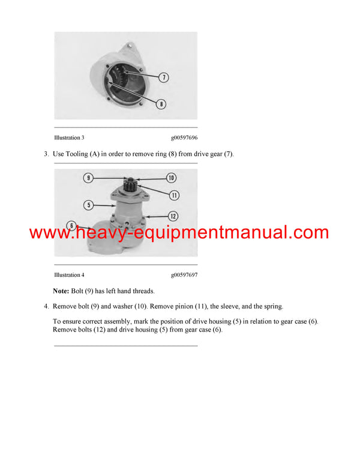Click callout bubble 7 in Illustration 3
(x=164, y=77)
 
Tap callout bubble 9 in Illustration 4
(x=89, y=178)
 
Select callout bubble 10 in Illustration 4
(x=171, y=178)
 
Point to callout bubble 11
(x=174, y=195)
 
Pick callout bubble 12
(x=173, y=216)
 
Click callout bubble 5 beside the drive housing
(x=88, y=205)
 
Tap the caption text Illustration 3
(x=69, y=138)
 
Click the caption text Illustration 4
(x=69, y=274)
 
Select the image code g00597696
(x=184, y=138)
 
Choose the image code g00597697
(x=184, y=274)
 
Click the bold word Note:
(x=61, y=291)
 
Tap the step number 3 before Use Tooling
(x=46, y=154)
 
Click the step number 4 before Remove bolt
(x=46, y=307)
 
